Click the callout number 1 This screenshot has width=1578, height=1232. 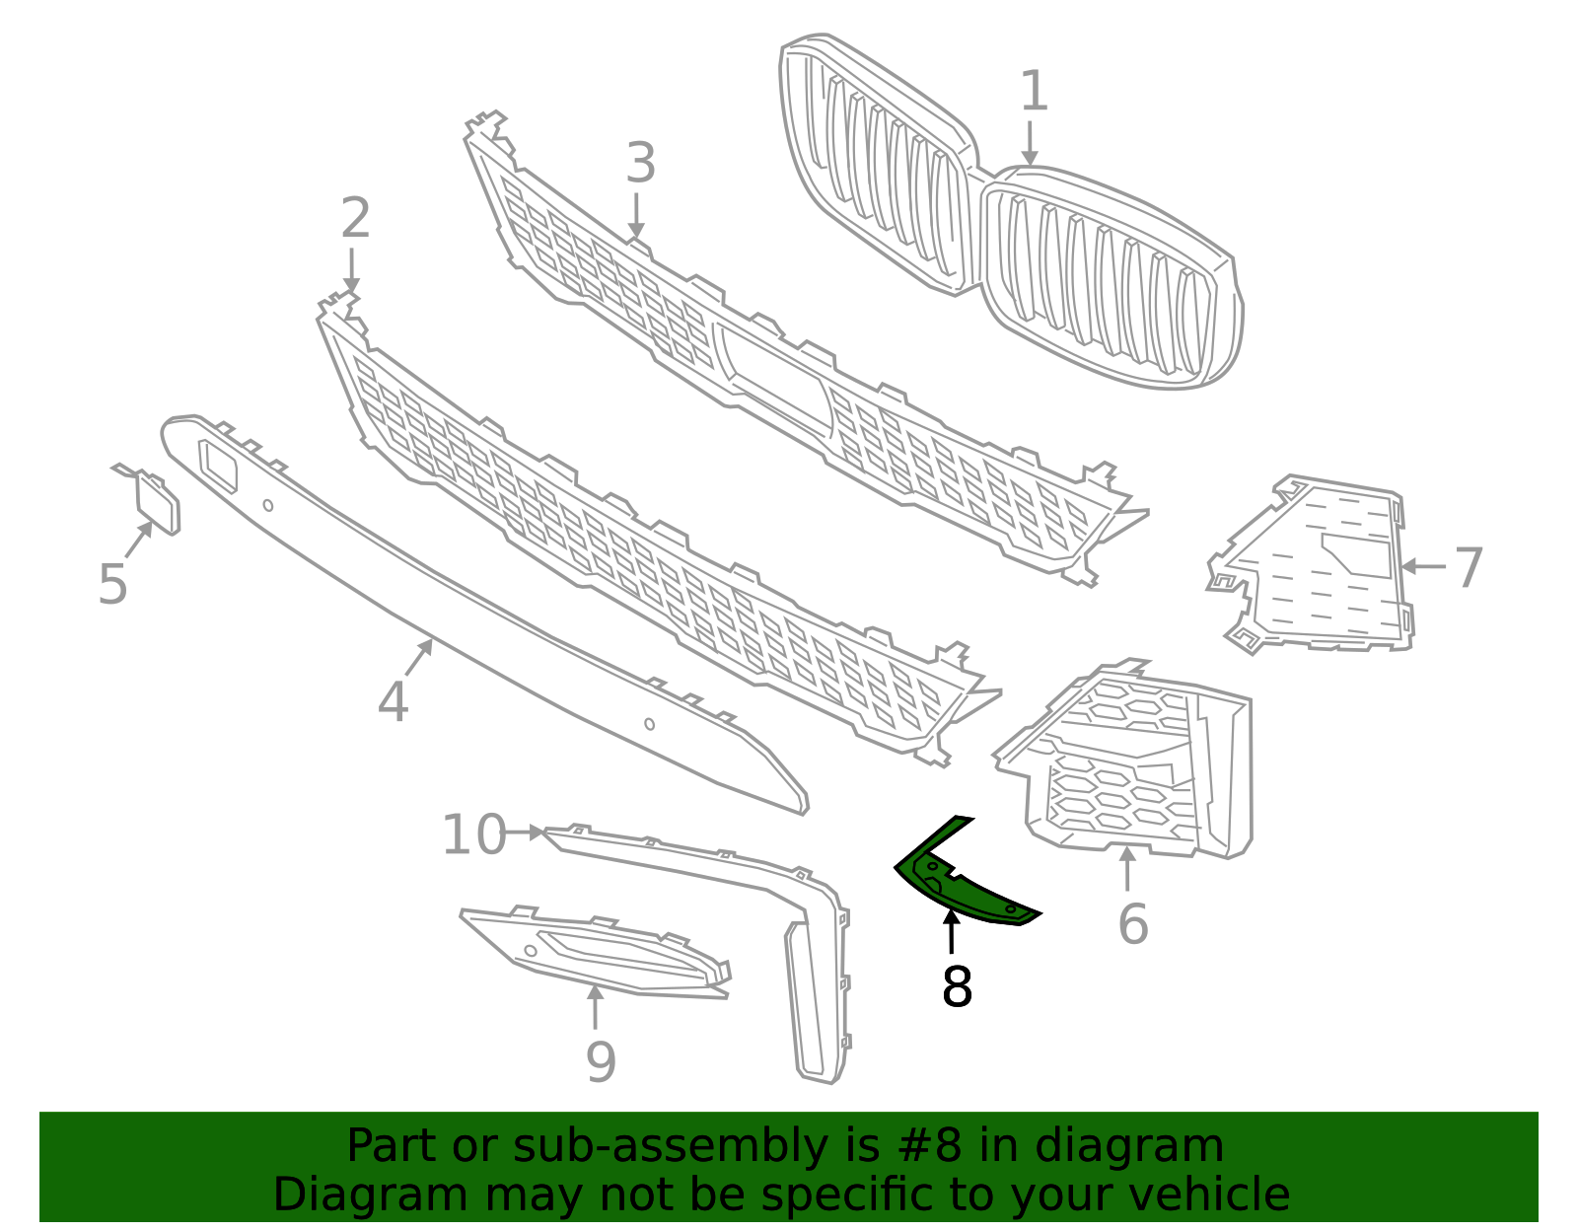tap(1033, 92)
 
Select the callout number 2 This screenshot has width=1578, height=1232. tap(355, 218)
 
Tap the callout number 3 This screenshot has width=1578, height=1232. tap(640, 164)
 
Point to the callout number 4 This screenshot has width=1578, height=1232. tap(393, 702)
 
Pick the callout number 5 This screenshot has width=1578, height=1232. tap(113, 584)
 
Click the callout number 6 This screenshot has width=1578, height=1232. tap(1133, 924)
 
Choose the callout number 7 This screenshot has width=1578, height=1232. tap(1469, 568)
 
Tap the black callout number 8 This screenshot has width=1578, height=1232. tap(957, 986)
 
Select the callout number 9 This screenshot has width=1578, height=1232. tap(601, 1062)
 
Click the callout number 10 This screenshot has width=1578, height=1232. tap(473, 835)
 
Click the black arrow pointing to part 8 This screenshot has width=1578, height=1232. tap(951, 932)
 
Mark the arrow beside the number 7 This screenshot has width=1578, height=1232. tap(1423, 567)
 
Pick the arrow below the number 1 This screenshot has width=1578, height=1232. tap(1030, 144)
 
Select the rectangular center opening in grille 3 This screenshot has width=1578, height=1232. tap(777, 376)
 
